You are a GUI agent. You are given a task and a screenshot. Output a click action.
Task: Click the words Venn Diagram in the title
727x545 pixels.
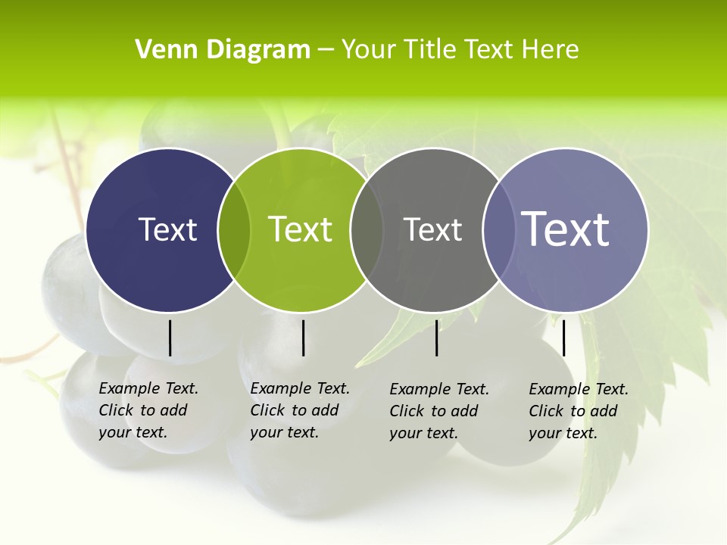(223, 50)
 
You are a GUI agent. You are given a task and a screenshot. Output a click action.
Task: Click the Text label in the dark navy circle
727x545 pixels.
(167, 229)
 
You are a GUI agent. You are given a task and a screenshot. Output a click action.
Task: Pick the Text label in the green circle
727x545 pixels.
(301, 229)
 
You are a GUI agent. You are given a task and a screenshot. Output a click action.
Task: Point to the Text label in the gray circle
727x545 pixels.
(432, 229)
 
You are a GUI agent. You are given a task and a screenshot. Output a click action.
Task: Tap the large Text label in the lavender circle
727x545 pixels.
(566, 229)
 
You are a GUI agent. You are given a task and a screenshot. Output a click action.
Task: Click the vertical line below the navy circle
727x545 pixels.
(170, 338)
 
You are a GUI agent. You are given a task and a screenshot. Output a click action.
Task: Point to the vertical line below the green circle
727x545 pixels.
(303, 338)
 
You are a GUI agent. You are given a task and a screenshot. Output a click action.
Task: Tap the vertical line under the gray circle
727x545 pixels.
(436, 338)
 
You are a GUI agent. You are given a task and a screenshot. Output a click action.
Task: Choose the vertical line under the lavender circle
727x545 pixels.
(563, 338)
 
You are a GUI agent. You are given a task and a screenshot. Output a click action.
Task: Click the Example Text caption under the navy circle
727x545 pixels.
(148, 410)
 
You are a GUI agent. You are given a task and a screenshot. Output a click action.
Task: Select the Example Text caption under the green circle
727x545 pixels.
(299, 410)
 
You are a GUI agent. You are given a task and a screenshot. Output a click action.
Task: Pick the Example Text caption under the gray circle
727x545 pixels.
(438, 411)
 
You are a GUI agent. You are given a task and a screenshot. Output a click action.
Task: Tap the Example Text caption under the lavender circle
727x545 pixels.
(578, 411)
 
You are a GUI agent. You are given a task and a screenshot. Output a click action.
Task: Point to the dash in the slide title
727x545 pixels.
(326, 50)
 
